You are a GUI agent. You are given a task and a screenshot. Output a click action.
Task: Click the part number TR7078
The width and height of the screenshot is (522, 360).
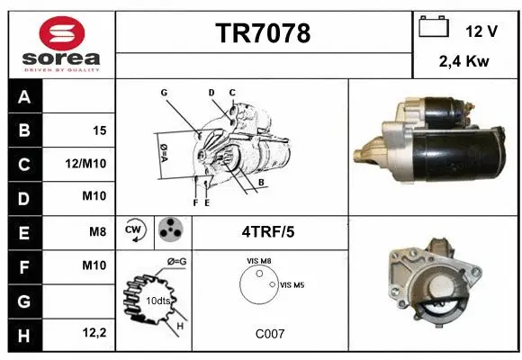(x=263, y=34)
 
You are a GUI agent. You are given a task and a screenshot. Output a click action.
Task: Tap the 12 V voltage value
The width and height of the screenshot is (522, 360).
(x=481, y=31)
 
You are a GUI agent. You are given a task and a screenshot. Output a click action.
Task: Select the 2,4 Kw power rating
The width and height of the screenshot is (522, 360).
(x=465, y=63)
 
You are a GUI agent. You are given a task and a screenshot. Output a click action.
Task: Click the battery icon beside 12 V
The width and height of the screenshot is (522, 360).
(x=434, y=28)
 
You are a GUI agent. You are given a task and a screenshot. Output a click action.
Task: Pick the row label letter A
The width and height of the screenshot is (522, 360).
(x=23, y=96)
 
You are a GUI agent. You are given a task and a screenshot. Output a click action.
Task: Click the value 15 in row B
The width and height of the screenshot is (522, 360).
(x=99, y=130)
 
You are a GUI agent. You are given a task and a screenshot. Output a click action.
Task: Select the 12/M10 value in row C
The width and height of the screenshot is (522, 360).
(x=89, y=165)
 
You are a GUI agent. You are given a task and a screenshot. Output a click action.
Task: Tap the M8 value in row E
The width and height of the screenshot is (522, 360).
(x=97, y=232)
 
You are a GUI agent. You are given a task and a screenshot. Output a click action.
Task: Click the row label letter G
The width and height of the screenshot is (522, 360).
(x=23, y=301)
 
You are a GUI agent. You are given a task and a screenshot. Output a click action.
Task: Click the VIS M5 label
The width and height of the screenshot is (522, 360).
(x=293, y=285)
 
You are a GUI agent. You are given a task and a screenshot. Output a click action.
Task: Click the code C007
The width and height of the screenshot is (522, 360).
(x=270, y=333)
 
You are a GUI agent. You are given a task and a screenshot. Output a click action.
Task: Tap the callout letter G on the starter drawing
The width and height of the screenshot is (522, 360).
(x=165, y=93)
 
